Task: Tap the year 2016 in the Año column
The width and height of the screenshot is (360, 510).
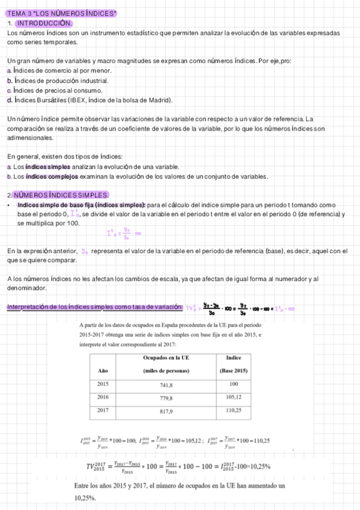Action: [x=103, y=397]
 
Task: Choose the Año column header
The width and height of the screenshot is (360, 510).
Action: [x=103, y=370]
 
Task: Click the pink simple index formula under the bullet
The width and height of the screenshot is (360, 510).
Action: [x=123, y=232]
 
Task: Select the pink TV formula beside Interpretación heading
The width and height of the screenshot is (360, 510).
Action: [x=241, y=309]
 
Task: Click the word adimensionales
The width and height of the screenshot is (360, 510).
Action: [x=30, y=138]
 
